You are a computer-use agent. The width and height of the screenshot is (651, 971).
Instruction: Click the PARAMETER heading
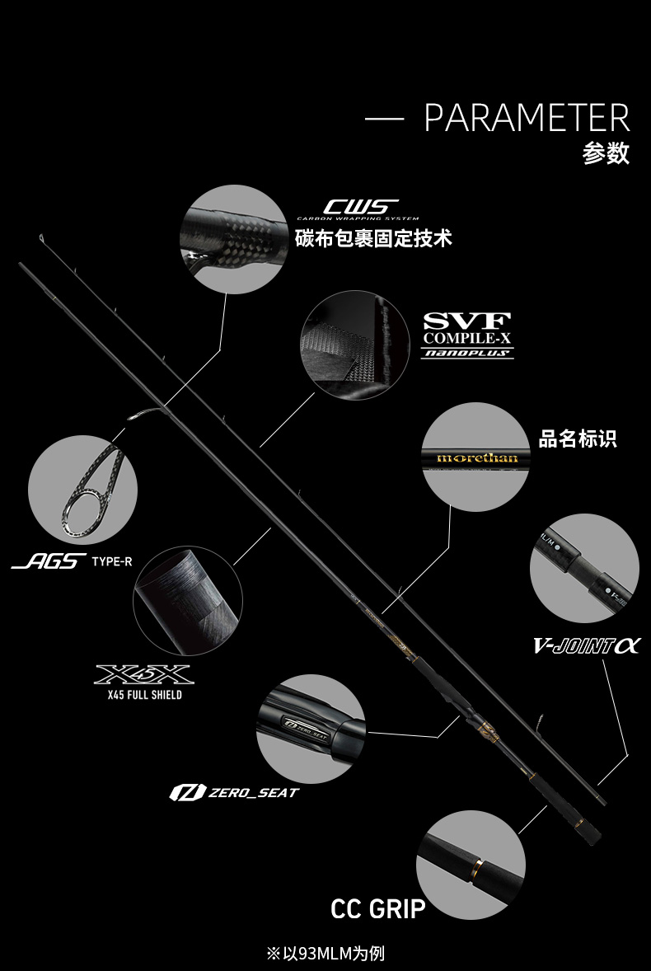pos(527,119)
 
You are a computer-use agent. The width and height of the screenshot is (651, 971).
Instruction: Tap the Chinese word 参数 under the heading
pos(606,153)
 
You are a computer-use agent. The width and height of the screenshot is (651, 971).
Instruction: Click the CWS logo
pos(360,207)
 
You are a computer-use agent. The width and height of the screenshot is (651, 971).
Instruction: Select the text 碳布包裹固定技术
pos(373,239)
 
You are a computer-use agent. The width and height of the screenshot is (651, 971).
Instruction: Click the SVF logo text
pos(467,321)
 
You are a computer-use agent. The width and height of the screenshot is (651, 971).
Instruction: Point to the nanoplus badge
pos(467,353)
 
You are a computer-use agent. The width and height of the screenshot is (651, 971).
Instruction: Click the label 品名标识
pos(578,439)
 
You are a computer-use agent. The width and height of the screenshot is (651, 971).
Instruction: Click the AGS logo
pos(49,562)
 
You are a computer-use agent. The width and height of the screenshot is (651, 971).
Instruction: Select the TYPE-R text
pos(112,562)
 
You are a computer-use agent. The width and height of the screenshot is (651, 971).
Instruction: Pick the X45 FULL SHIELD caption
pos(144,695)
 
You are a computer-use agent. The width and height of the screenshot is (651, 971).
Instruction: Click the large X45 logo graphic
pos(144,674)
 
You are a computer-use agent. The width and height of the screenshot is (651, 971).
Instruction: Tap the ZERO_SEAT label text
pos(253,793)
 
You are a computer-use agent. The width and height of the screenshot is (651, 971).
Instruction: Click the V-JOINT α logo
pos(586,646)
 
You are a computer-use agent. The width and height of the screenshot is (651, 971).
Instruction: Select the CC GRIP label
pos(378,909)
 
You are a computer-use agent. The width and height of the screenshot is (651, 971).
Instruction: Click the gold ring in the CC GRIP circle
pos(476,865)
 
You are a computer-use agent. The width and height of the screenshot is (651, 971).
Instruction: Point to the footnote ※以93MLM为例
pos(325,954)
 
